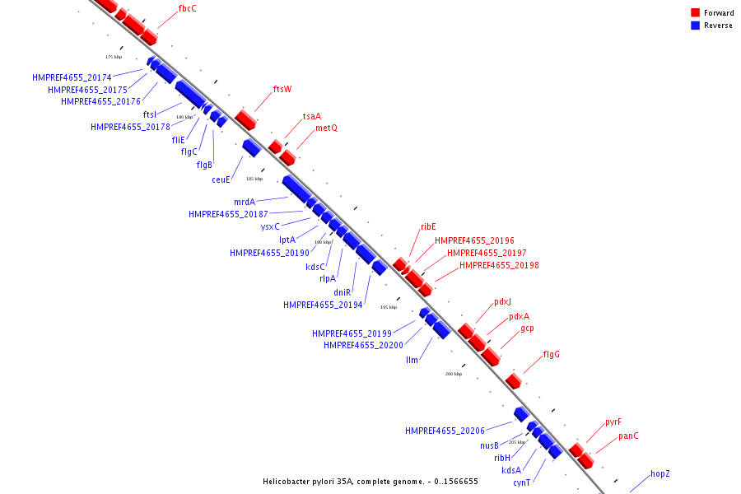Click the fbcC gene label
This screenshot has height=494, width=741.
tap(187, 8)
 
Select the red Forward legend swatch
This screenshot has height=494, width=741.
tap(696, 13)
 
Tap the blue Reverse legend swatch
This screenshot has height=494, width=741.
tap(696, 26)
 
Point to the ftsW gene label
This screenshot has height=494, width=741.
tap(282, 89)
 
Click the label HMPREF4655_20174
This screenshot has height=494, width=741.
tap(72, 77)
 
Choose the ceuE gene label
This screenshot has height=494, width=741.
tap(221, 179)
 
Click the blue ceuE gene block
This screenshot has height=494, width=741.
tap(251, 147)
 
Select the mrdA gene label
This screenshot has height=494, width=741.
tap(245, 202)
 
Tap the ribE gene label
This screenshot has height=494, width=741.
tap(428, 226)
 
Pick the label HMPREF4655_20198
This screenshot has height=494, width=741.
tap(499, 265)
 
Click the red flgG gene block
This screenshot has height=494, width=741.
tap(513, 381)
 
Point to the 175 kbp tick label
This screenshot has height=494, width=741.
tap(114, 57)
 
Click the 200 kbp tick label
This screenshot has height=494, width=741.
tap(454, 374)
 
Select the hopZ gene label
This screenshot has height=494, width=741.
tap(660, 473)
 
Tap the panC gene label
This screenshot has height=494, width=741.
tap(628, 436)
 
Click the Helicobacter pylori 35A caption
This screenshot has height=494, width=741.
tap(370, 481)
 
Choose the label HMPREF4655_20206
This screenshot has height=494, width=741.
tap(445, 431)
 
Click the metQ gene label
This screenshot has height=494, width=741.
tap(326, 128)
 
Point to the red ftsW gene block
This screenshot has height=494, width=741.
tap(245, 119)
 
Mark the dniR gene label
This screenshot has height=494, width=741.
tap(343, 292)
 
